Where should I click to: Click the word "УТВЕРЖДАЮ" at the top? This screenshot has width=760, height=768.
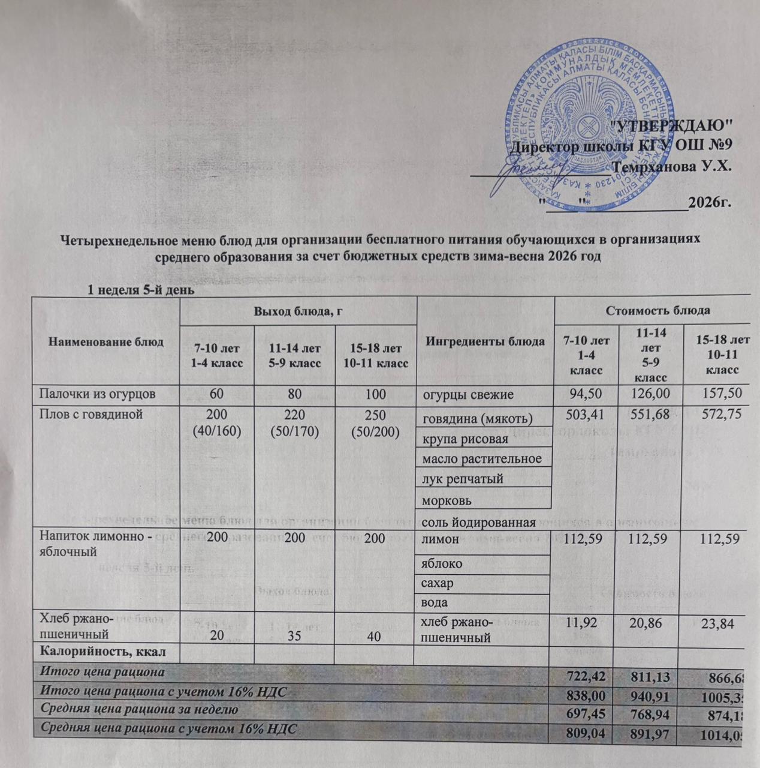[x=675, y=125]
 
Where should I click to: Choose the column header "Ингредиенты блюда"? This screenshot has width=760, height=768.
[x=485, y=342]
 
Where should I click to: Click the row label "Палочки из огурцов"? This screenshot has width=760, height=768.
[x=98, y=394]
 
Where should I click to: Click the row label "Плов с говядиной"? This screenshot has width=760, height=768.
[x=91, y=414]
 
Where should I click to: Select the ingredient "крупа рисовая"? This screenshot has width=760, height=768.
[x=465, y=439]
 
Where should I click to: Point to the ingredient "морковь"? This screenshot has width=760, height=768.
[x=447, y=499]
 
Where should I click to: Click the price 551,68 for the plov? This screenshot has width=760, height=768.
[x=650, y=415]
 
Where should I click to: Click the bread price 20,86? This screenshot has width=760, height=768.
[x=650, y=625]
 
